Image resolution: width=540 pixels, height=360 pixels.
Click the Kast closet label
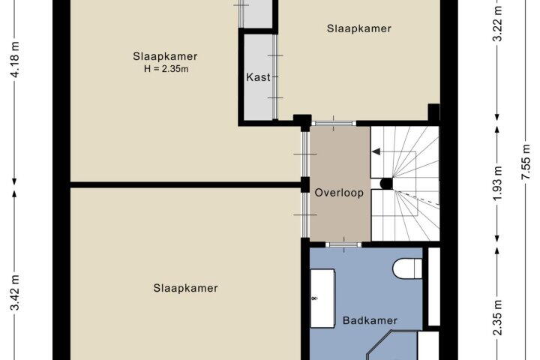click(258, 76)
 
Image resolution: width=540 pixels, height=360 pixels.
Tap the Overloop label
click(339, 193)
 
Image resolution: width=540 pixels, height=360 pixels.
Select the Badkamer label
click(370, 320)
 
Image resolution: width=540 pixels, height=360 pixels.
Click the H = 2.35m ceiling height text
click(166, 68)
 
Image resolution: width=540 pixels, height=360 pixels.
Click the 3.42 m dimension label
click(15, 292)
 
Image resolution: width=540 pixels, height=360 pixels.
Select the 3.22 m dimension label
click(497, 24)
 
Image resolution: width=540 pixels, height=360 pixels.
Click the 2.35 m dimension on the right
click(497, 317)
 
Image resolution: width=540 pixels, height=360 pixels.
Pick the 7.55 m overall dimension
click(525, 162)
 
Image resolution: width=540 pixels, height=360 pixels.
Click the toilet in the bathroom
click(407, 268)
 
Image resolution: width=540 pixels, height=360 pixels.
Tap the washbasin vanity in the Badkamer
click(322, 298)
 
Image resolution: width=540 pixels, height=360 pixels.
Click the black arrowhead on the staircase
click(376, 151)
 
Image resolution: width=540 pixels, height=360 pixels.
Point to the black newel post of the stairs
click(386, 183)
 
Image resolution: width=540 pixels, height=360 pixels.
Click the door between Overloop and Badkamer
click(343, 244)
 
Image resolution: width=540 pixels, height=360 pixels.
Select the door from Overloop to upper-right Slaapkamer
click(333, 123)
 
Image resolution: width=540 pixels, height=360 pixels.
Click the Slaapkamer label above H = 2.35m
click(165, 56)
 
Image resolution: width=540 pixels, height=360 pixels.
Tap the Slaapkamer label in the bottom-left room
click(186, 288)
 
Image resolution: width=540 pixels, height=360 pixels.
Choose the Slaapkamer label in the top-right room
click(359, 28)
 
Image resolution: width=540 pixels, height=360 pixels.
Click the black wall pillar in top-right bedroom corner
click(433, 112)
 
